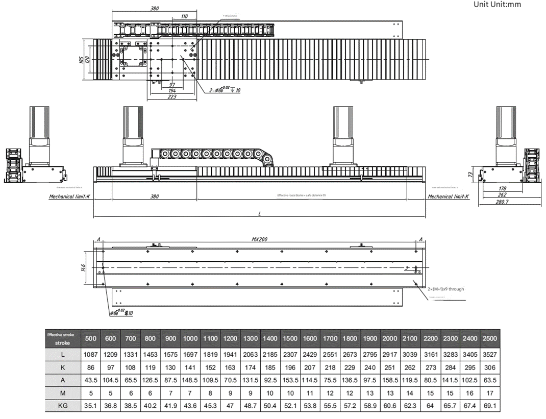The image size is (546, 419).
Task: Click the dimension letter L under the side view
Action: (259, 214)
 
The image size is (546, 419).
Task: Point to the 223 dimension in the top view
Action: (172, 97)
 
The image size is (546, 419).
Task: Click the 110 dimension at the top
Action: (184, 16)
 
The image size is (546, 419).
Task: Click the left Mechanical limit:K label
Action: (69, 196)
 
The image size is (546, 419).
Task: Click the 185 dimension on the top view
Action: (81, 60)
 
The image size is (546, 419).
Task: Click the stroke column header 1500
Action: (290, 338)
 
